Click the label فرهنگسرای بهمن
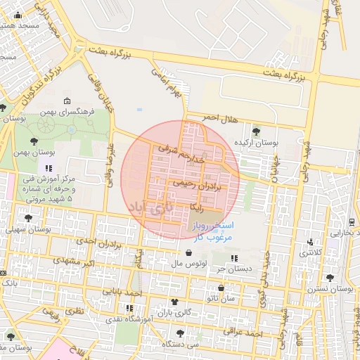coord(78,111)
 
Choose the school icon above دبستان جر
coord(233,258)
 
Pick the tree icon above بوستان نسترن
coord(330,278)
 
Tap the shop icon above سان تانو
coord(221,288)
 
